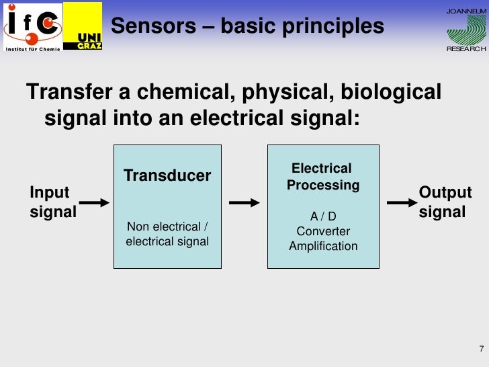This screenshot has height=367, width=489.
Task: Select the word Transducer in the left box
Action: pyautogui.click(x=167, y=175)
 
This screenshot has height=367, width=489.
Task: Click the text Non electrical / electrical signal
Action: pyautogui.click(x=167, y=234)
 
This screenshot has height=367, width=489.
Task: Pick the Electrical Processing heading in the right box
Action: pyautogui.click(x=322, y=177)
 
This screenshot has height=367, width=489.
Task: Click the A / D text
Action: pyautogui.click(x=323, y=216)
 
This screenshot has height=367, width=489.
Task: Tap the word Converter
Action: pyautogui.click(x=323, y=231)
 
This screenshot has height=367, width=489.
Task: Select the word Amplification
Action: pyautogui.click(x=323, y=246)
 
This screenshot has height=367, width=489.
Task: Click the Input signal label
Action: pyautogui.click(x=52, y=202)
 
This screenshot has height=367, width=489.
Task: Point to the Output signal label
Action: pyautogui.click(x=445, y=202)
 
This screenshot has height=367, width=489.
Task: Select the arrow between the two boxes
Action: pyautogui.click(x=244, y=202)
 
